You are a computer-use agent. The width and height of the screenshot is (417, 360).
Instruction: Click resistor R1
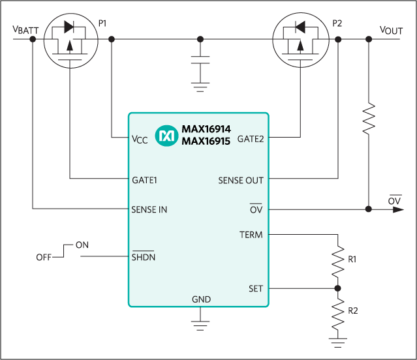pos(337,259)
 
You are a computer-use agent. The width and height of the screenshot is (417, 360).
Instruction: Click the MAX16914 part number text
pos(206,130)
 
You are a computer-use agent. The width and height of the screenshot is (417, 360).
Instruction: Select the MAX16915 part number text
pos(206,141)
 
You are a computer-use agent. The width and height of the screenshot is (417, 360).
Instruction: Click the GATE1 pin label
pos(146,178)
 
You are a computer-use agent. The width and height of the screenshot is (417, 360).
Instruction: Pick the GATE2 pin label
pos(251,138)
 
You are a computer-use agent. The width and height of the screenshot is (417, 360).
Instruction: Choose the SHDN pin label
pos(144,257)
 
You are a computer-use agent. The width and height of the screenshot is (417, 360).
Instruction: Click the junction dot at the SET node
pos(337,288)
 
